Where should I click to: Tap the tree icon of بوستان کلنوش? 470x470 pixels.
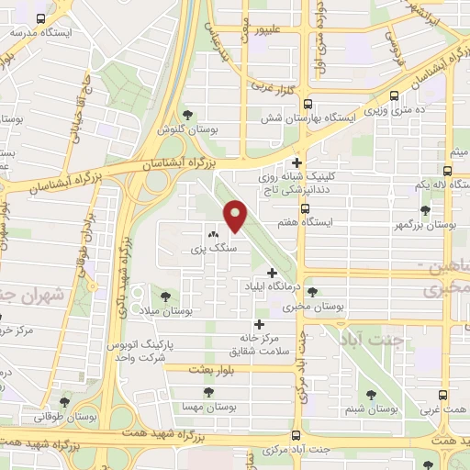pos(188,115)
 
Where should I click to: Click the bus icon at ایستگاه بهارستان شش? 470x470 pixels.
pos(307,104)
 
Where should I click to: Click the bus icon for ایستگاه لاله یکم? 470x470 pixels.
pos(447,171)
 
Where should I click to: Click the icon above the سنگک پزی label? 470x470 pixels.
pos(213,234)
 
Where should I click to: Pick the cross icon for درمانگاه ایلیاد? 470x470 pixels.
pos(272,272)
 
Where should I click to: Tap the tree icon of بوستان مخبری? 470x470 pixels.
pos(312,292)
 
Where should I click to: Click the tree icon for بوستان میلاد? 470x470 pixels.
pos(165,297)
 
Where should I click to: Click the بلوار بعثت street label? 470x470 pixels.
pos(207,367)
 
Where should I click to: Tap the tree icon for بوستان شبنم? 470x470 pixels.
pos(371,394)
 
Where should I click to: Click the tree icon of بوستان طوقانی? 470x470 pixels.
pos(64,401)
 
